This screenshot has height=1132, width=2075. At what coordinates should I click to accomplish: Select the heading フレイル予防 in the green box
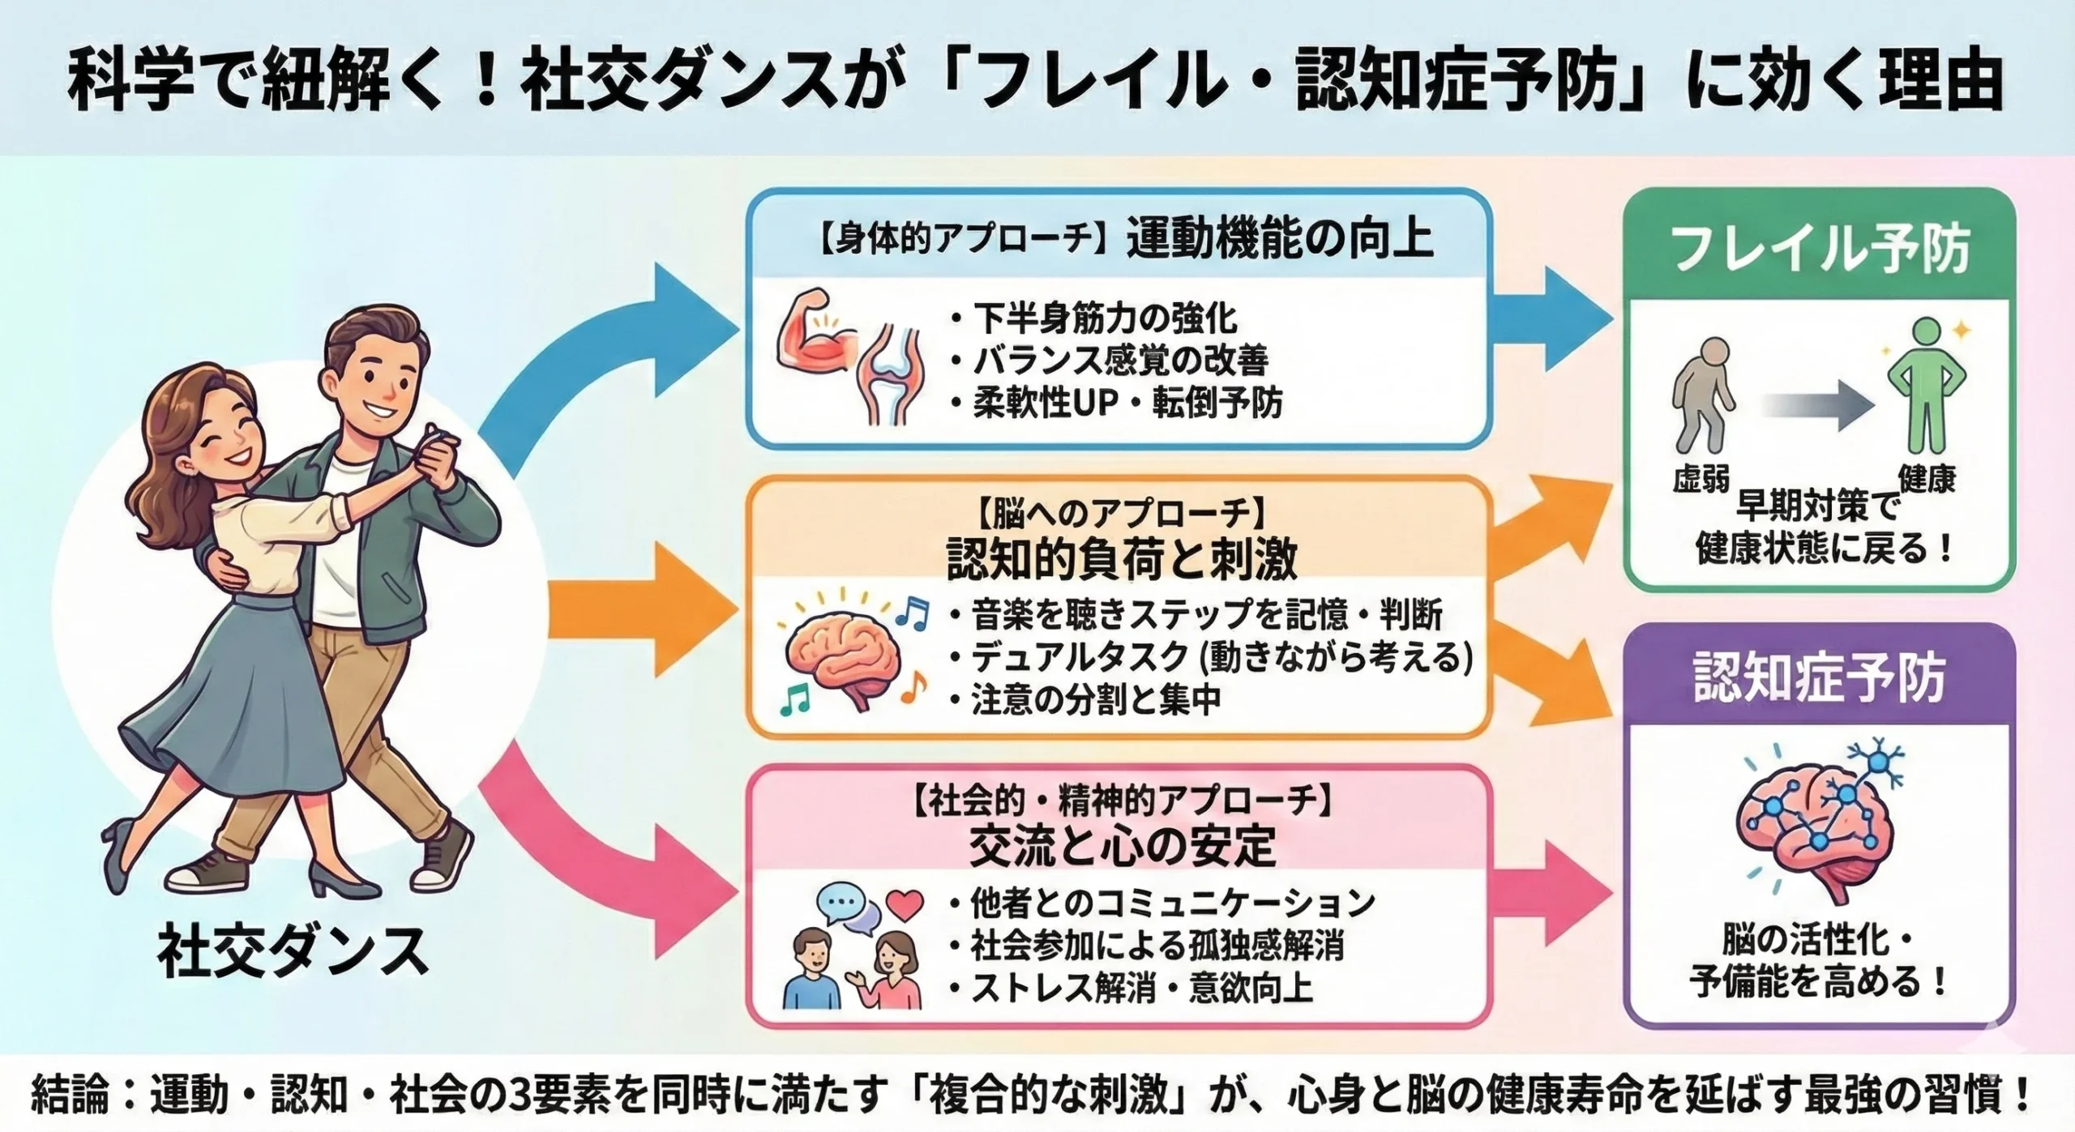point(1819,250)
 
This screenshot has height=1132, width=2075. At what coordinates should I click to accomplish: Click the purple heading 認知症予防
point(1819,679)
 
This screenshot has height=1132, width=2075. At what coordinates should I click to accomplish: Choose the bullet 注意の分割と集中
point(1095,700)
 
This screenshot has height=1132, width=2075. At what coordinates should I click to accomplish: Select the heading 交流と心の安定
point(1123,847)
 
